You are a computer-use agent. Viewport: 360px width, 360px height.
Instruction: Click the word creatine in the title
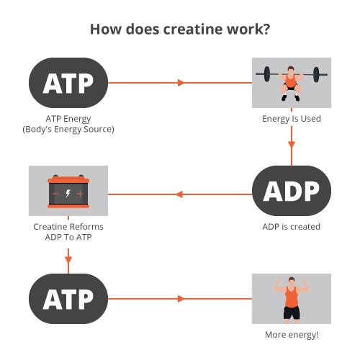193,29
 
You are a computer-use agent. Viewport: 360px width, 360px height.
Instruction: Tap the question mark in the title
266,29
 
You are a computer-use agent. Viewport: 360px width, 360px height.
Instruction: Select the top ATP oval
68,83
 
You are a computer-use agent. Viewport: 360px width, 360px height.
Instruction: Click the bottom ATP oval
68,299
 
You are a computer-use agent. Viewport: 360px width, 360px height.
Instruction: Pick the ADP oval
292,191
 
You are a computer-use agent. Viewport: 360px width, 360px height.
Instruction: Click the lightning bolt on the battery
68,193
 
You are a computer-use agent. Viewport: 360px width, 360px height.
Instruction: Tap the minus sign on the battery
55,194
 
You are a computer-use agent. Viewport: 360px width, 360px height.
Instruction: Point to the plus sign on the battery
81,194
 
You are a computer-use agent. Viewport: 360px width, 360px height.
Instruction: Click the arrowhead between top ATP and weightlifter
181,83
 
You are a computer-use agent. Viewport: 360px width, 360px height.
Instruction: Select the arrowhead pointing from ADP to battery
179,194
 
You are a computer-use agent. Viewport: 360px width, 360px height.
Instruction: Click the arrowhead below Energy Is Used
292,145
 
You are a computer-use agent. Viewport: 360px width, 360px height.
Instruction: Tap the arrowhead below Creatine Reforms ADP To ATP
68,259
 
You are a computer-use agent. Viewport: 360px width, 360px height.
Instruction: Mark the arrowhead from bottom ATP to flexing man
181,299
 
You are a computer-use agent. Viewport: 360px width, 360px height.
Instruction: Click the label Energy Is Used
292,119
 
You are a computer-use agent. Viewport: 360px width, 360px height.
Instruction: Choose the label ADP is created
292,227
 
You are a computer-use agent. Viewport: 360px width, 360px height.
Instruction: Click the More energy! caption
292,335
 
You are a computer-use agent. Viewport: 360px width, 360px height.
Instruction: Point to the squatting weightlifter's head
291,71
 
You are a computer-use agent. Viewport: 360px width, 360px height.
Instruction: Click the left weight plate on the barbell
267,74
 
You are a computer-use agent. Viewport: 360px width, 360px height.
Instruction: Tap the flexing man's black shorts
292,312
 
